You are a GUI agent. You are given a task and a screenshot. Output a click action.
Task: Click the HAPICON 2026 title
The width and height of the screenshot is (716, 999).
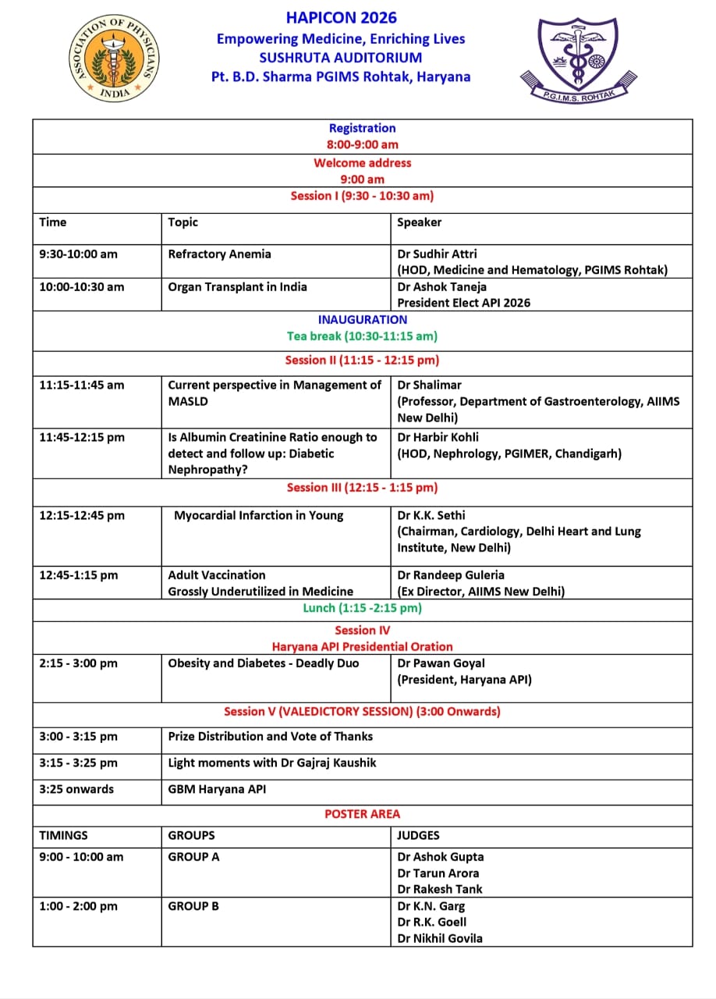coord(341,17)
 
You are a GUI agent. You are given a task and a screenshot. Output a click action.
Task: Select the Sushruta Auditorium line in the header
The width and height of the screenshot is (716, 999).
coord(341,58)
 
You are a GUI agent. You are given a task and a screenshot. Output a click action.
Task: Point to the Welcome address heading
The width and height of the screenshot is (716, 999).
coord(362,163)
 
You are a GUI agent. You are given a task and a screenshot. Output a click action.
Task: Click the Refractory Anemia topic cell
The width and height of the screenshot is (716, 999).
coord(220,254)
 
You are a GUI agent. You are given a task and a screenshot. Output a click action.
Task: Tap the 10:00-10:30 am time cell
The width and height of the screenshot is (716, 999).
coord(82,287)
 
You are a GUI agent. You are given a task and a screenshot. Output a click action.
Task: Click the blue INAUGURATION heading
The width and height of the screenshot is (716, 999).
coord(362,320)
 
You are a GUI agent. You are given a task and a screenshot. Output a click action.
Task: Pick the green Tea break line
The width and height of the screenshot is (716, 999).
coord(362,336)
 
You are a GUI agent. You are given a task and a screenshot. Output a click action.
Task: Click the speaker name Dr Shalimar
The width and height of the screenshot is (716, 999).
coord(430,385)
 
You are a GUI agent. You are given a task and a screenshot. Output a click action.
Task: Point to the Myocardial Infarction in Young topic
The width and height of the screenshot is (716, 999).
coord(259,516)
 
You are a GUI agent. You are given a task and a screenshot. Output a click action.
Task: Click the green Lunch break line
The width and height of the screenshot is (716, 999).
coord(362,608)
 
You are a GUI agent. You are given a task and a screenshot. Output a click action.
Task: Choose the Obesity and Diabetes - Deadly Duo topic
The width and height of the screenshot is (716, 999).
coord(264,663)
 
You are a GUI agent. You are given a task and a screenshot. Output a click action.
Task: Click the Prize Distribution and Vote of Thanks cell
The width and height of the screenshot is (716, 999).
coord(271,737)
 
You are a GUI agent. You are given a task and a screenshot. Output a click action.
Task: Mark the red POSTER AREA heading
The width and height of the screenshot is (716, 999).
coord(362,814)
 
